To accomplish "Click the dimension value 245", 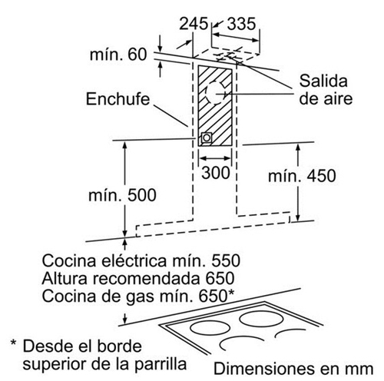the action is [x=194, y=24].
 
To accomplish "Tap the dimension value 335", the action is [x=241, y=24].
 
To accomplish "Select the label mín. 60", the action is [x=118, y=55].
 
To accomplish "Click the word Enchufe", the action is [x=118, y=99].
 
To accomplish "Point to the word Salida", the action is [x=323, y=81].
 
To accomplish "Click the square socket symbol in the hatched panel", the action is [x=207, y=138].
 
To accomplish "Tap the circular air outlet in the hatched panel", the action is [x=217, y=94].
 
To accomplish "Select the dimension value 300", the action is [x=216, y=173].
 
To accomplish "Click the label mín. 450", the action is [x=302, y=176].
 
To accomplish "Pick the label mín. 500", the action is [x=122, y=195].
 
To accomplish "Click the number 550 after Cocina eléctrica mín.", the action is [x=226, y=261].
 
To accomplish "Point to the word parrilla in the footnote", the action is [x=161, y=365].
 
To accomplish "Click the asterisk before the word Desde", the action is [x=14, y=343].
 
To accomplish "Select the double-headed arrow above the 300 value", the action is [x=215, y=158].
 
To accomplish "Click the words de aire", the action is [x=326, y=99].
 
